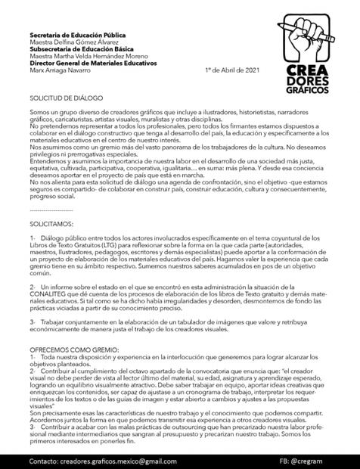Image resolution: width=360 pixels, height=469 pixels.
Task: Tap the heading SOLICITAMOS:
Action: tap(51, 225)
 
